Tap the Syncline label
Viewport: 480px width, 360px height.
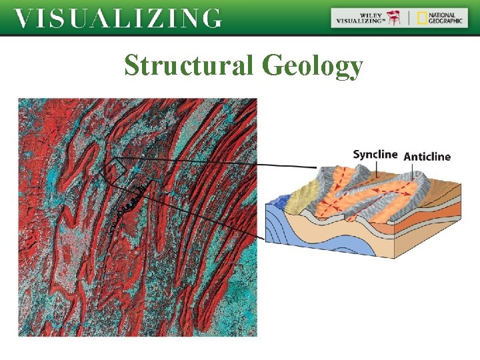(375, 155)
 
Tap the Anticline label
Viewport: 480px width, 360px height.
(427, 157)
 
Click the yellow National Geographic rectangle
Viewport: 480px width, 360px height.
(422, 18)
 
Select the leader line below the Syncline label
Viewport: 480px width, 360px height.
(375, 169)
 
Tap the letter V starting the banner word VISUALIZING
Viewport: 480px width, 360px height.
(23, 18)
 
